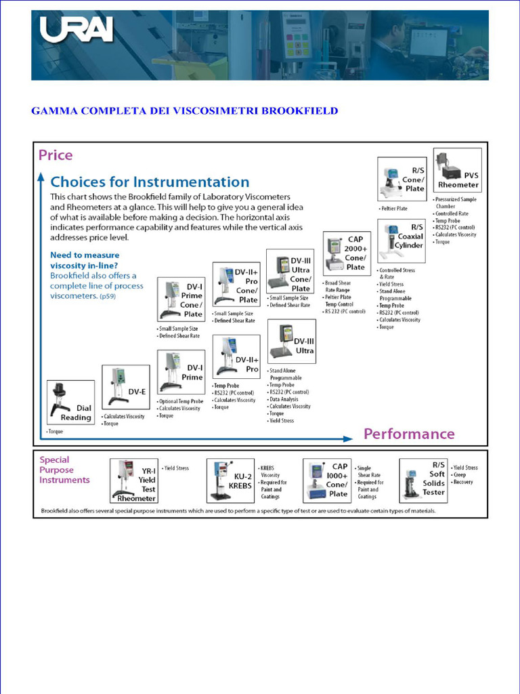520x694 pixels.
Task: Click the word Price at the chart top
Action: tap(56, 155)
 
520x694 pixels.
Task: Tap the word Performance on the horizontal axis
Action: tap(409, 434)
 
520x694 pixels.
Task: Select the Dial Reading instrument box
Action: tap(71, 403)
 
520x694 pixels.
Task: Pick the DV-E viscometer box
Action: tap(125, 387)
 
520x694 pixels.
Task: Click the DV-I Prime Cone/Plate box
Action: tap(181, 299)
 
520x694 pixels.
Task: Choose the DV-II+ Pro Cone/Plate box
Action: tap(236, 284)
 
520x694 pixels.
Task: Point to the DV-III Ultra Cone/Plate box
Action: tap(290, 270)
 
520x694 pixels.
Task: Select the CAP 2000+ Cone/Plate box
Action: tap(346, 253)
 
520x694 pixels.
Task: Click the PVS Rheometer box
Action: tap(458, 171)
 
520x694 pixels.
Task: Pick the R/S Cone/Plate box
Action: tap(402, 179)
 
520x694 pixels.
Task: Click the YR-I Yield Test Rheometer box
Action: tap(134, 481)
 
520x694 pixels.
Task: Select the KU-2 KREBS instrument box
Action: tap(230, 481)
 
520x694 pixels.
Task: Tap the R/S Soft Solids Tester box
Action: tap(423, 478)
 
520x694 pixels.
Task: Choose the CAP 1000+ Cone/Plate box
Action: tap(326, 480)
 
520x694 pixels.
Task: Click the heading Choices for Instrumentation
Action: tap(150, 182)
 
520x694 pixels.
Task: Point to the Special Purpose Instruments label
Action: tap(64, 470)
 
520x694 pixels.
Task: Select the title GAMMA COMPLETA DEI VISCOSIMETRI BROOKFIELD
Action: tap(184, 110)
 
